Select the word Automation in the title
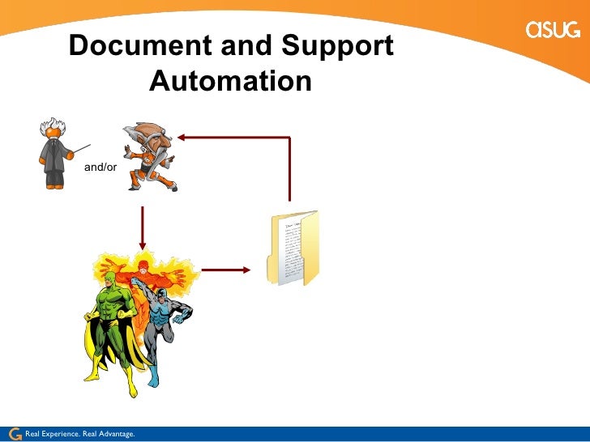click(x=231, y=81)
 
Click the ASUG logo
click(x=554, y=30)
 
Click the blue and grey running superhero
click(x=166, y=324)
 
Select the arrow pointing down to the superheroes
click(x=143, y=228)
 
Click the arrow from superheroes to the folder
click(x=227, y=270)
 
